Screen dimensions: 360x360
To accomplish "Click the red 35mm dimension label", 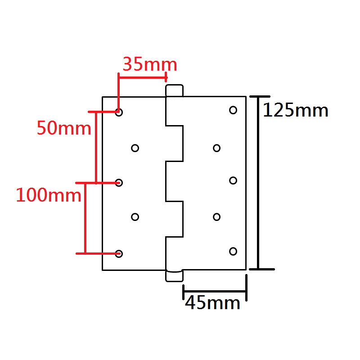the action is [150, 64].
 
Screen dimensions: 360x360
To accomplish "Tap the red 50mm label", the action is [64, 128].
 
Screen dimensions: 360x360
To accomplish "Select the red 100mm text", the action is [49, 195].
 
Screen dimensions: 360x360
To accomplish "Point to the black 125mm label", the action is [295, 110].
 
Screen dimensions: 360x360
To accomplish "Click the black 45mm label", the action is [212, 303].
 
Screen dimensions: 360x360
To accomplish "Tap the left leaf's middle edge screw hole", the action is [119, 182].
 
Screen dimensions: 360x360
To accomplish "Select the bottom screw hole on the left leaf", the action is [119, 253].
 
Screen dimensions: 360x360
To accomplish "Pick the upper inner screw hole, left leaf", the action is [135, 148].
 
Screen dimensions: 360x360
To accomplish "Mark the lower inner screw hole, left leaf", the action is [135, 217].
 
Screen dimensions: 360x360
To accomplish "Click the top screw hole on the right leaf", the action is [233, 110].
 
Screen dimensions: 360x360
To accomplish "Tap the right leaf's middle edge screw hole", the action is [233, 180].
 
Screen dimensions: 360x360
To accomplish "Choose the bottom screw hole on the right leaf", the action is [233, 251].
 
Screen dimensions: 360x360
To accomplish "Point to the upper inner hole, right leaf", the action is [216, 148].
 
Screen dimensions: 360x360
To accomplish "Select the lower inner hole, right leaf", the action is [216, 217].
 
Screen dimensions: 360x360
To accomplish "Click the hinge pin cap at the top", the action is [175, 90].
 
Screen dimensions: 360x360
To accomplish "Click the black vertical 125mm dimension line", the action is [258, 182].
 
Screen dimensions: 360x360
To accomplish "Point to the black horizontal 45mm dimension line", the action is [215, 292].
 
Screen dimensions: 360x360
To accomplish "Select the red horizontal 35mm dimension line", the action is [142, 77].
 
